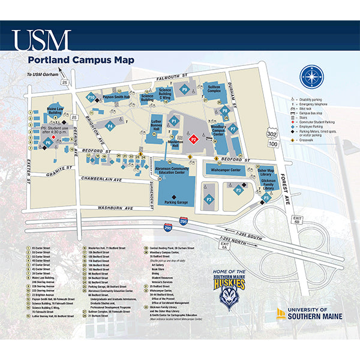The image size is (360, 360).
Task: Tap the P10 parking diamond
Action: (91, 97)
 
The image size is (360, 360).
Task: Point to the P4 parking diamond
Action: (110, 126)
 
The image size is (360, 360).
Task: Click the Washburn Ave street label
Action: (117, 209)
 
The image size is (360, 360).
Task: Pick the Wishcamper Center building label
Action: (226, 170)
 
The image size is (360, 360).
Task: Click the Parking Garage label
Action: (174, 203)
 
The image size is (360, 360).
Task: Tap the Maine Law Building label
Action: (55, 111)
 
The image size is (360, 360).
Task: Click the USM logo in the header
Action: (41, 40)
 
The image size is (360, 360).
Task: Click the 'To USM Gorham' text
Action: (40, 74)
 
